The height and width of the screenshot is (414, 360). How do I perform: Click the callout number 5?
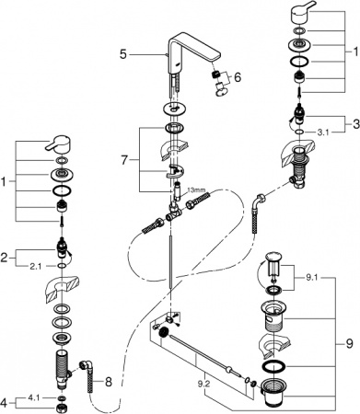[122, 55]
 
